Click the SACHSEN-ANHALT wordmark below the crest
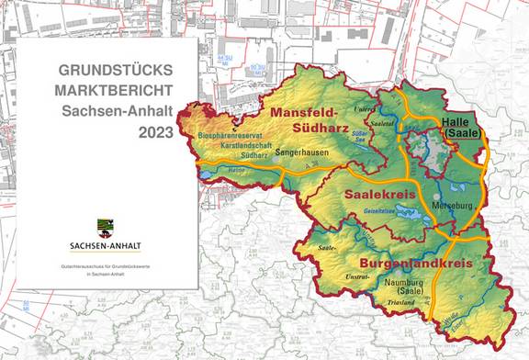[104, 245]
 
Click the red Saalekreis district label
[380, 196]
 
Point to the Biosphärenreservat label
[228, 136]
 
